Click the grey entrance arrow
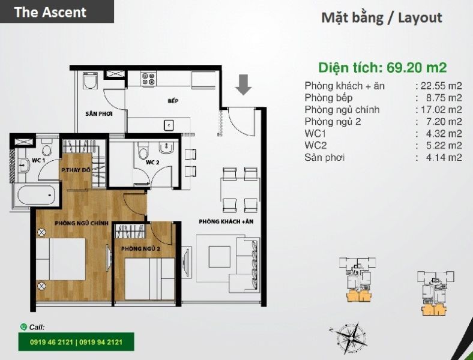pyautogui.click(x=244, y=85)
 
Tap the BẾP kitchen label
pyautogui.click(x=173, y=101)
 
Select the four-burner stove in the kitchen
pyautogui.click(x=148, y=79)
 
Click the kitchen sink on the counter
pyautogui.click(x=169, y=125)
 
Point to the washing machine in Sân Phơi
pyautogui.click(x=90, y=80)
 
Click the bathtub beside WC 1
pyautogui.click(x=37, y=195)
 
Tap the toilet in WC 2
pyautogui.click(x=143, y=150)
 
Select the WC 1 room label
pyautogui.click(x=38, y=161)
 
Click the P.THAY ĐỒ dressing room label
pyautogui.click(x=76, y=170)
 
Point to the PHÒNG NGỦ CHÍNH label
pyautogui.click(x=82, y=223)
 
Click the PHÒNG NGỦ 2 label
pyautogui.click(x=140, y=249)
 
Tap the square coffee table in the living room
pyautogui.click(x=220, y=257)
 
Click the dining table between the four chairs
pyautogui.click(x=240, y=190)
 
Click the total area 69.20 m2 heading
pyautogui.click(x=382, y=68)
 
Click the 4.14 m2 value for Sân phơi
pyautogui.click(x=444, y=157)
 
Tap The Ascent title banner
pyautogui.click(x=57, y=11)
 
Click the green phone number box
pyautogui.click(x=76, y=342)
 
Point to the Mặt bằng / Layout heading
pyautogui.click(x=382, y=18)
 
